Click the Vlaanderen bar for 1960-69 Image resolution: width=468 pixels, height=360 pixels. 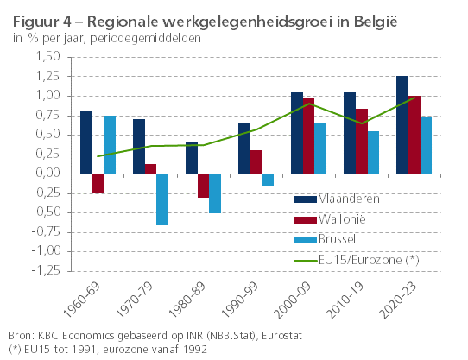86,142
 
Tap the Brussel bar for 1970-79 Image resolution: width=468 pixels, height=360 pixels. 161,199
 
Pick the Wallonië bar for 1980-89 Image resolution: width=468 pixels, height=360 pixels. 202,186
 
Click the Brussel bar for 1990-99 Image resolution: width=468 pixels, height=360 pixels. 268,180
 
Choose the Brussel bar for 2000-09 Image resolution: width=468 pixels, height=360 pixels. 320,148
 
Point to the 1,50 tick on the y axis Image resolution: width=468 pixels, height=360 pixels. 47,57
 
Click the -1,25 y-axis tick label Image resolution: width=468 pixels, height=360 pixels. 46,270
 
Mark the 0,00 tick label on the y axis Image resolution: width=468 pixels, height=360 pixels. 47,174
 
